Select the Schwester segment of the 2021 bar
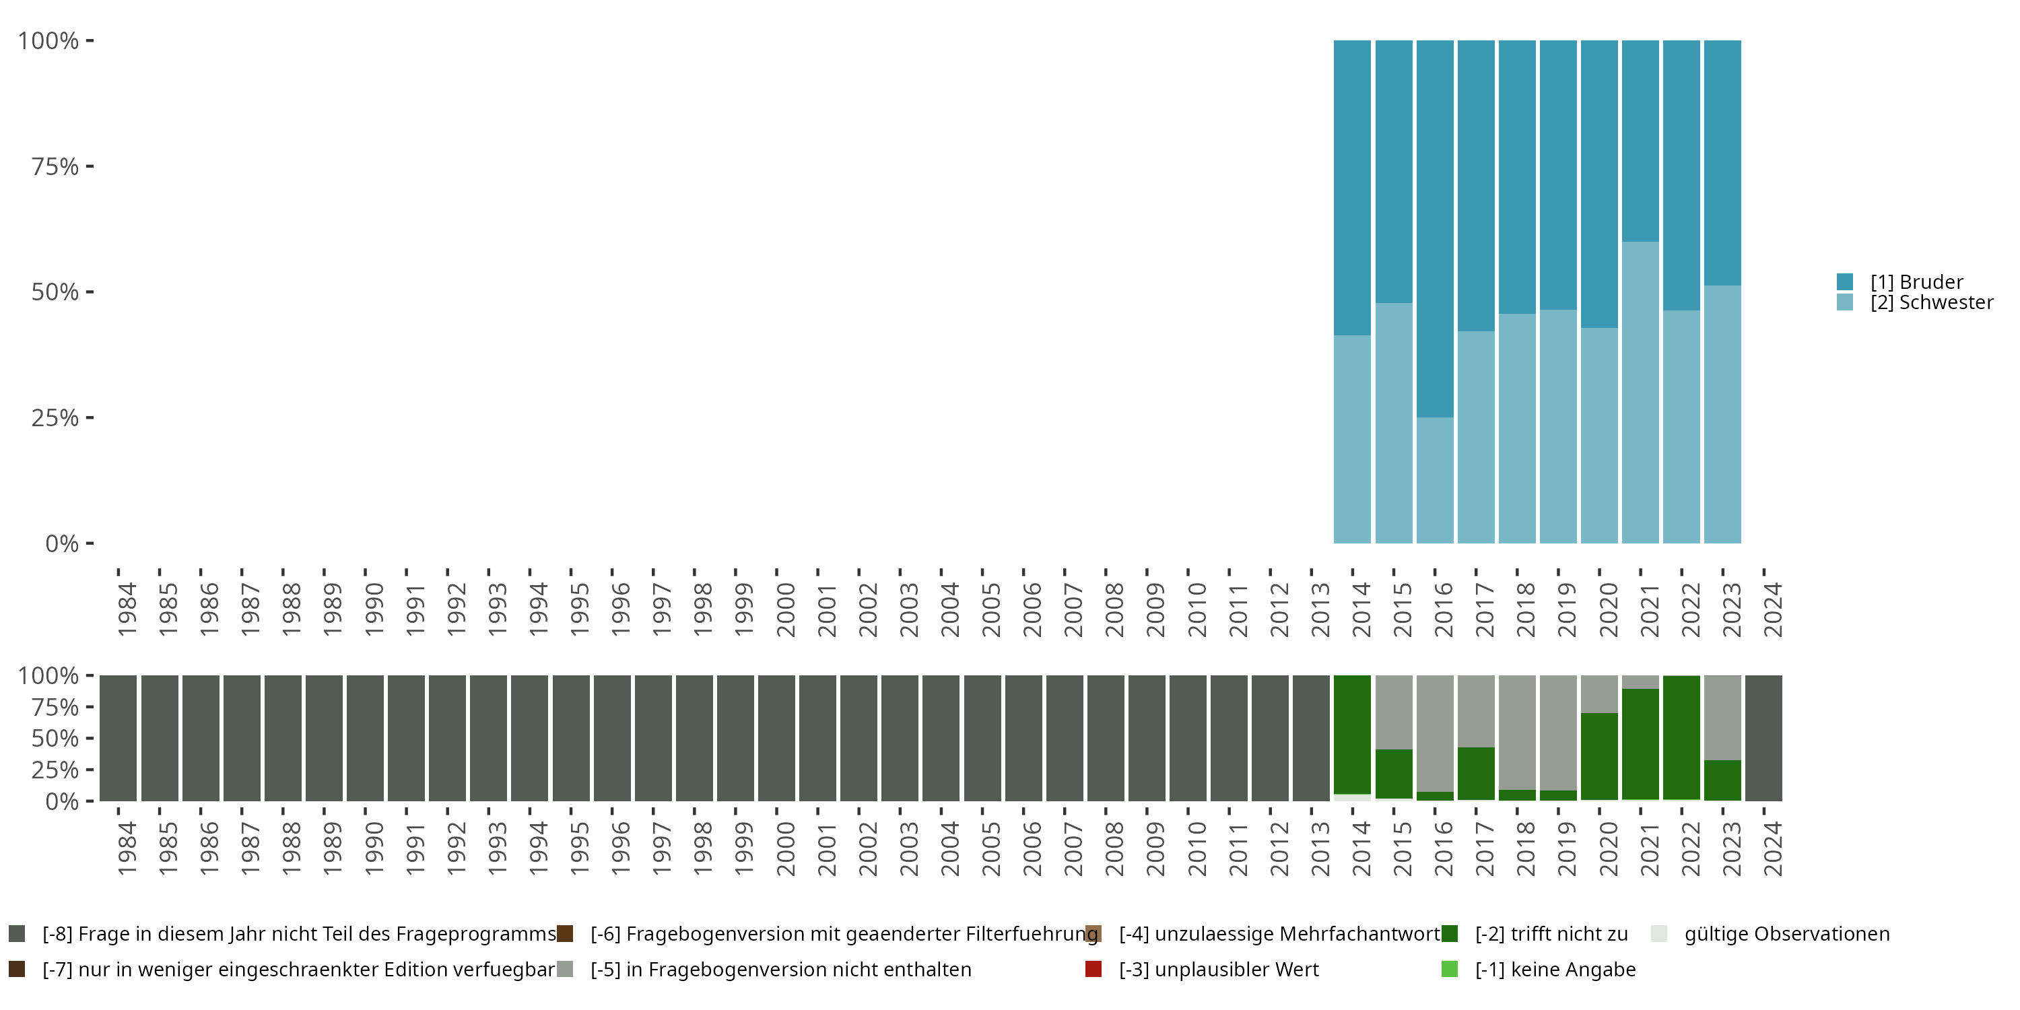click(1640, 392)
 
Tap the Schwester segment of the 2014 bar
click(1353, 439)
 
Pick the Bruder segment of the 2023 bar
click(1723, 162)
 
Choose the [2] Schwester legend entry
click(1930, 303)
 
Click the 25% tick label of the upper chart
click(55, 418)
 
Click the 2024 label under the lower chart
click(1772, 849)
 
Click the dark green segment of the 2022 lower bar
click(1681, 737)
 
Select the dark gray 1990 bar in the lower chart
click(366, 738)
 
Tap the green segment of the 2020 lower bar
click(1600, 756)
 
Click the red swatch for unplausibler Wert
click(1093, 969)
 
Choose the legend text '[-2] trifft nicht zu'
click(1551, 934)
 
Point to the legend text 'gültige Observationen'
click(1786, 934)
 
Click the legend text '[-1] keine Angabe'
click(1555, 969)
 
